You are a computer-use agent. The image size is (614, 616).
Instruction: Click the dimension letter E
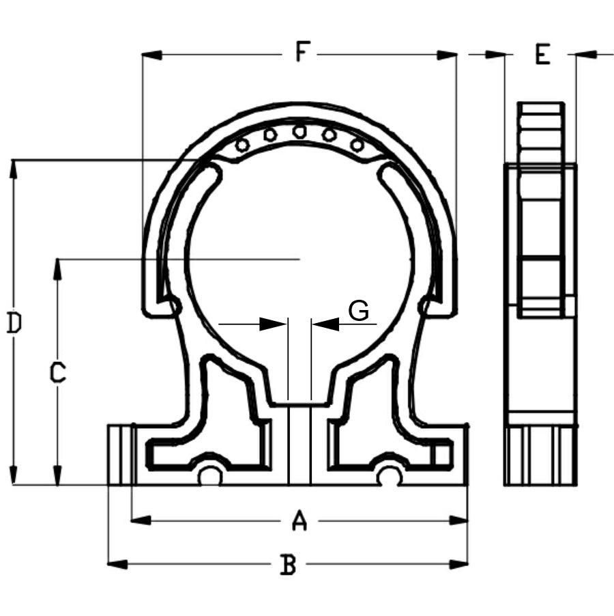coord(542,54)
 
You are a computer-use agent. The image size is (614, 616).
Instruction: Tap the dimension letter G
coord(359,311)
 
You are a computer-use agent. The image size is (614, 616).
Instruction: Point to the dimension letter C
coord(58,373)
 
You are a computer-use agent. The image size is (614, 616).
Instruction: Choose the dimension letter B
coord(289,565)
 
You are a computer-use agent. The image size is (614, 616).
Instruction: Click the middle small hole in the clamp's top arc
coord(299,131)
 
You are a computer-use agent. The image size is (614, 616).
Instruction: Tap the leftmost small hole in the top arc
coord(242,145)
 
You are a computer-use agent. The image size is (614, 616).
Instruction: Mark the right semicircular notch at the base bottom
coord(390,477)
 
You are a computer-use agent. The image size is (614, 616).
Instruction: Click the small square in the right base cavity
coord(443,454)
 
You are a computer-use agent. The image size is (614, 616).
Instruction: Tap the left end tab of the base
coord(119,454)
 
